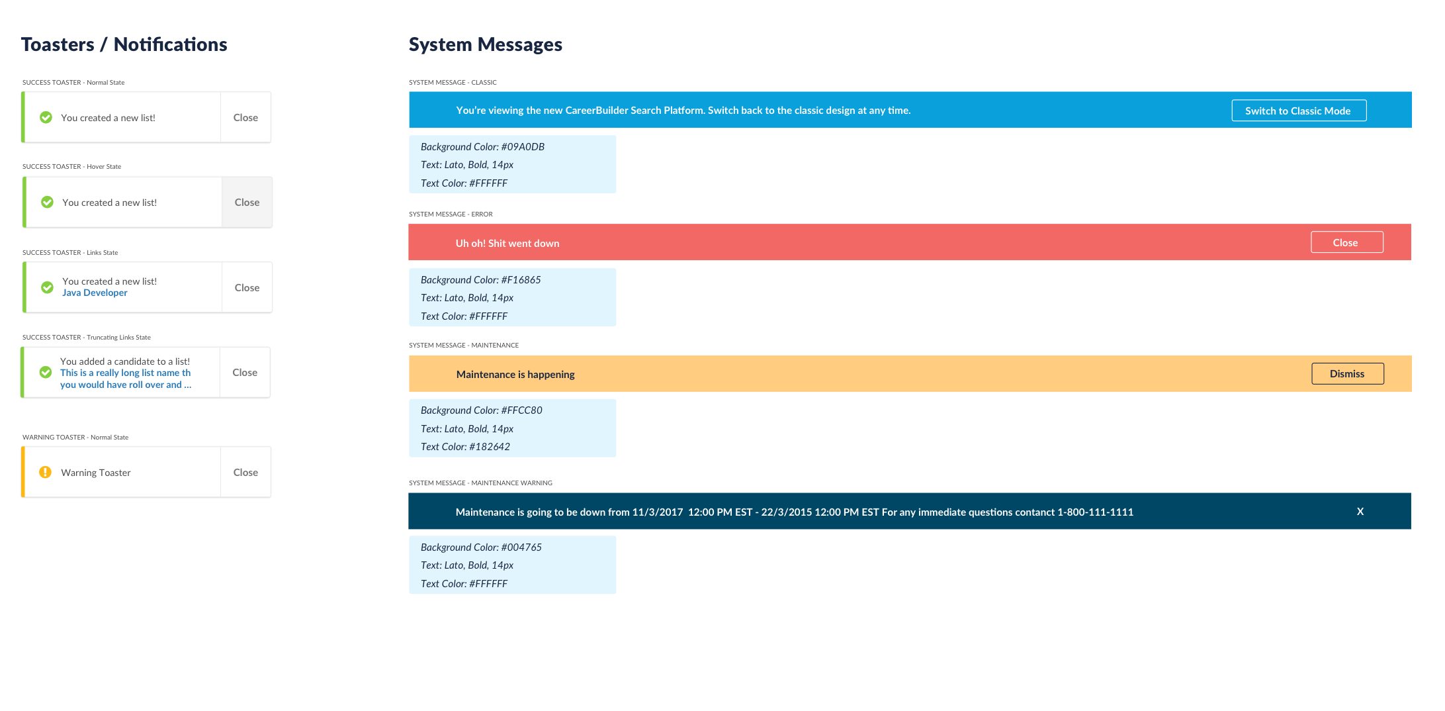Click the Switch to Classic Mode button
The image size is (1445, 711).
point(1299,111)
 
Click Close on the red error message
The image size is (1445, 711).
point(1346,242)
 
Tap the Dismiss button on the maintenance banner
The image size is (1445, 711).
point(1347,373)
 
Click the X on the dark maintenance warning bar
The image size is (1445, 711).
point(1360,511)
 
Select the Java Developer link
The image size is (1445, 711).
point(95,293)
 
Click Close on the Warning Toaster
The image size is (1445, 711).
point(245,472)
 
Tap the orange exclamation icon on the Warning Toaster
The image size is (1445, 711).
point(45,472)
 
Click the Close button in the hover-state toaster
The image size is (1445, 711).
point(247,202)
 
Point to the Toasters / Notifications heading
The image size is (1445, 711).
point(124,44)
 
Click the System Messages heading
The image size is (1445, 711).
point(486,44)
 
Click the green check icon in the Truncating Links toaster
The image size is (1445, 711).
point(46,372)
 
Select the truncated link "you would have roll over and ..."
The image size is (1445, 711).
point(126,385)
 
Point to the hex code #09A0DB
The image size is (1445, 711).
point(523,147)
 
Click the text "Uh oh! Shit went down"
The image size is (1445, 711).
point(507,243)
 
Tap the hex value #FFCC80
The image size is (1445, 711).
point(521,410)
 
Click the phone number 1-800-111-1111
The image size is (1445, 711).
point(1095,512)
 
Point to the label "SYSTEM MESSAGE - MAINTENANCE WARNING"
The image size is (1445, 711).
point(480,483)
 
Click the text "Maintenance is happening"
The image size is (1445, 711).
point(515,375)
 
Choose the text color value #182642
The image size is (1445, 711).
point(490,447)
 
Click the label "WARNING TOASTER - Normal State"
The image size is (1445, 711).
point(75,437)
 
